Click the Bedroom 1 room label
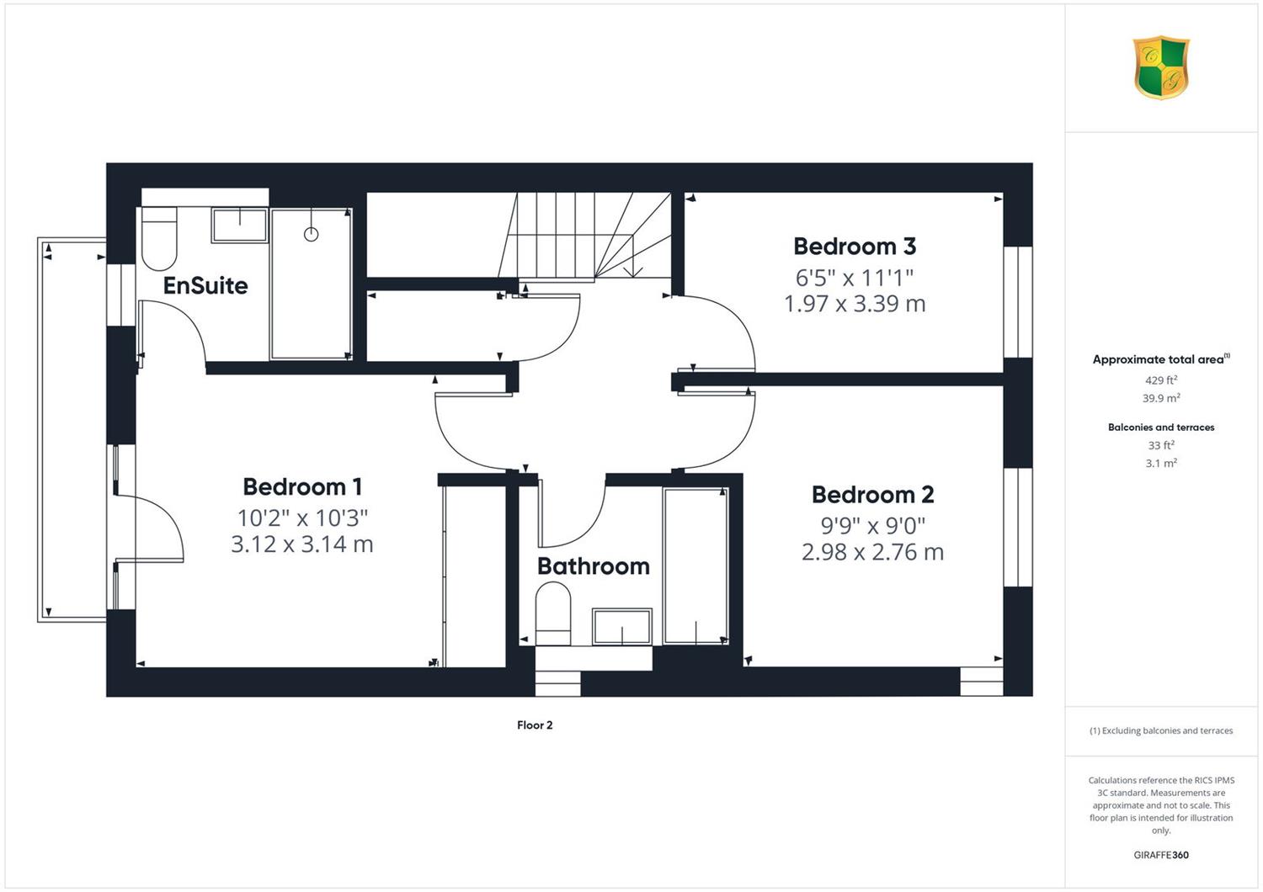pos(302,487)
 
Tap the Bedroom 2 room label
pos(873,495)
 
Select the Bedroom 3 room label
pos(855,247)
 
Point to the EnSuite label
pos(205,285)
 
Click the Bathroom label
pos(593,566)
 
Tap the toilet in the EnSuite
pos(159,238)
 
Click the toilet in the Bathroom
pos(553,613)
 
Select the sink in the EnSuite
pos(240,226)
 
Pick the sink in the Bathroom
pos(622,627)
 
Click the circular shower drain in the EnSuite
pos(312,234)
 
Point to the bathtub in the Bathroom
pos(695,565)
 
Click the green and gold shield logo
pos(1161,67)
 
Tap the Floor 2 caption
pos(535,725)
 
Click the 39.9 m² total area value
pos(1161,398)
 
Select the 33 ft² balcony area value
pos(1161,445)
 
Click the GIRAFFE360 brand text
pos(1161,855)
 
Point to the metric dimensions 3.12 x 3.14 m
pos(302,544)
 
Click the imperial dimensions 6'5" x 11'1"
pos(855,278)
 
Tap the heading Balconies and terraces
pos(1161,427)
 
